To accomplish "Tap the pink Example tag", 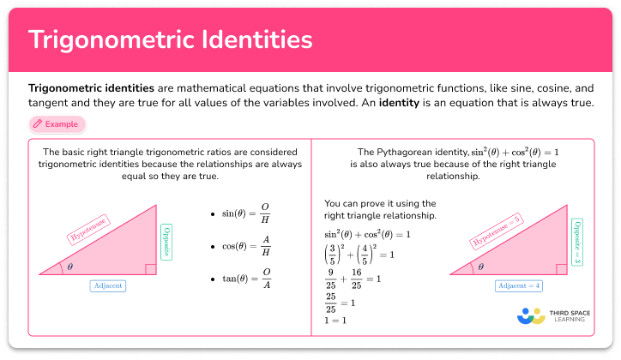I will point(56,124).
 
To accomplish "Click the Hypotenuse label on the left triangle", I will point(94,235).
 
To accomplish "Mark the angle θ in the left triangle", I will point(69,267).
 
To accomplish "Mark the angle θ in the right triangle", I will point(481,267).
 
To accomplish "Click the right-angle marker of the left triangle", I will point(150,269).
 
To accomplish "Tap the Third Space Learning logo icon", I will point(532,315).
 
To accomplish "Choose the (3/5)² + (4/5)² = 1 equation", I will point(359,255).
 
